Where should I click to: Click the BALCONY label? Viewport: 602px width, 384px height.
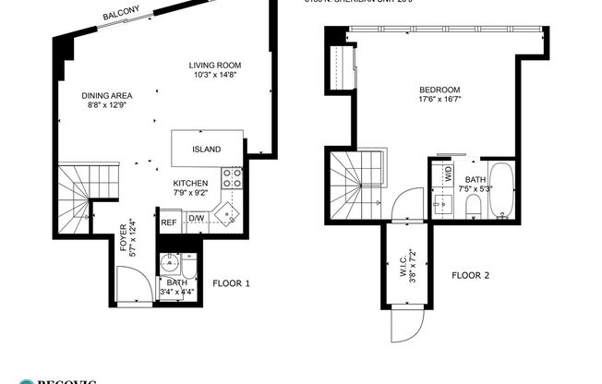pos(123,15)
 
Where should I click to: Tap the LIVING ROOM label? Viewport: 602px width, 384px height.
pos(215,65)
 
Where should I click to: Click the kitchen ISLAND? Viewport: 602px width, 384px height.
pos(207,149)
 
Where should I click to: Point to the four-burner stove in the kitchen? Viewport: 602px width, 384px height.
pos(232,176)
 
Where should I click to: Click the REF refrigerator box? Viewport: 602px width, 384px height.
pos(169,222)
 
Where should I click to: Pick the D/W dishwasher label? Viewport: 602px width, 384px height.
pos(197,220)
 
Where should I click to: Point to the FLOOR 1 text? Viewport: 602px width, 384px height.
pos(231,283)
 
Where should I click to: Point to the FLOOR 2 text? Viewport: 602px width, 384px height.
pos(471,275)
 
